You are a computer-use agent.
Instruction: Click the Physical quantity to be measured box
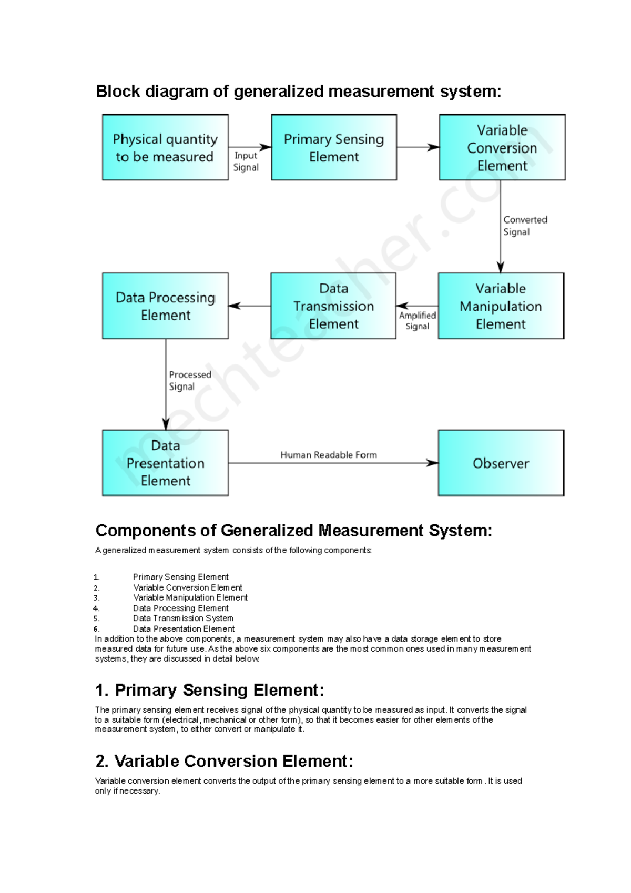point(165,148)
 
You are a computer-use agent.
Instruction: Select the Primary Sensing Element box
point(334,148)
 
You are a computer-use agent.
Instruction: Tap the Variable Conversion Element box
point(502,148)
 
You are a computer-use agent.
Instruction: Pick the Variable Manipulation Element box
point(501,306)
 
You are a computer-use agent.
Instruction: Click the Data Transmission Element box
point(333,306)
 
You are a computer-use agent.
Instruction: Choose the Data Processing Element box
point(165,306)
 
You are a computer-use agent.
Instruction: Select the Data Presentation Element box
point(165,463)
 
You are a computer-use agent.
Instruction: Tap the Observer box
point(501,463)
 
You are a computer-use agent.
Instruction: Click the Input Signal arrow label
point(246,161)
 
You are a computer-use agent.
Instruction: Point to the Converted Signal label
point(525,226)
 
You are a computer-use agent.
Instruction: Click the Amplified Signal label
point(418,320)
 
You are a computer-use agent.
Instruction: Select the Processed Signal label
point(189,380)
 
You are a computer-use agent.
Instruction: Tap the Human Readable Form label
point(329,455)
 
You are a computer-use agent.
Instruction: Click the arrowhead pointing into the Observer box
point(432,463)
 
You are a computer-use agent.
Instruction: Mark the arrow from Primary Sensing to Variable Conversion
point(418,147)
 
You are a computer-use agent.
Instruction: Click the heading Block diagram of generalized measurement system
point(298,92)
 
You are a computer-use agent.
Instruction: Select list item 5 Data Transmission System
point(183,618)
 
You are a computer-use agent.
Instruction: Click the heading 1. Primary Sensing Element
point(209,690)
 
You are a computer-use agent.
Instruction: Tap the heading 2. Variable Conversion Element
point(224,761)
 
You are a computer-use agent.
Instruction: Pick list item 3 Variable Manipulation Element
point(190,598)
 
